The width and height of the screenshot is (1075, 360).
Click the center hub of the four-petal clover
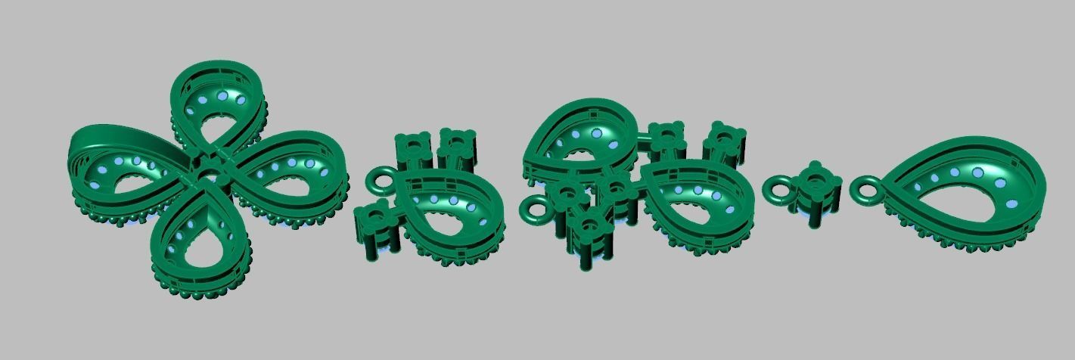click(210, 174)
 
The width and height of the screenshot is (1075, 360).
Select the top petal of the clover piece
click(218, 106)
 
